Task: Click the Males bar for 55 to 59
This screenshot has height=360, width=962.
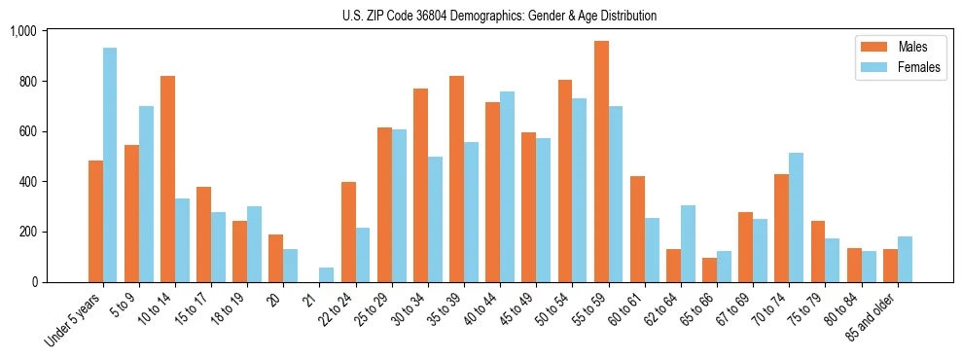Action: pos(601,162)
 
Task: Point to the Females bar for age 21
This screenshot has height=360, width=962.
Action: pos(327,275)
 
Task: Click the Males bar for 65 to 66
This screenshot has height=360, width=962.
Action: pos(710,270)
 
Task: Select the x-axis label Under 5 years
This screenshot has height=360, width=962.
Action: pos(72,321)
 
